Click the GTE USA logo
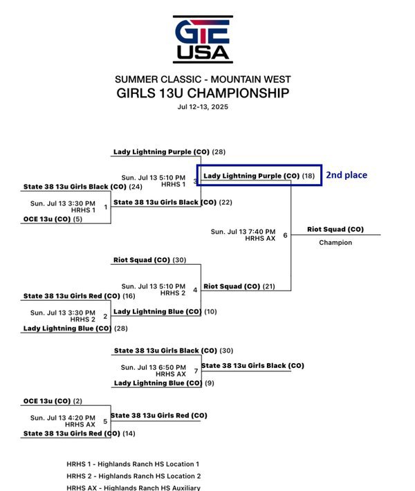click(203, 39)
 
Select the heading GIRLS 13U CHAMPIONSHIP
click(203, 93)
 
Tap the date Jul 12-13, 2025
click(203, 106)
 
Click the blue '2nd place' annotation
click(347, 175)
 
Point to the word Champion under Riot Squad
click(335, 242)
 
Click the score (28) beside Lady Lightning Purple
click(219, 152)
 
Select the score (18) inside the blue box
click(308, 176)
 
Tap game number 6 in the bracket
click(285, 235)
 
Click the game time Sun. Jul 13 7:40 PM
click(243, 232)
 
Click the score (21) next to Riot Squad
click(269, 286)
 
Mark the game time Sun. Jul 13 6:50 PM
click(154, 367)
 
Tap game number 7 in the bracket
click(196, 371)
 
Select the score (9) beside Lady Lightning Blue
click(210, 383)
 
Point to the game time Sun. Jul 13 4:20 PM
click(63, 418)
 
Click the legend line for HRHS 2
click(133, 476)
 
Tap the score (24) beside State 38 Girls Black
click(136, 187)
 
